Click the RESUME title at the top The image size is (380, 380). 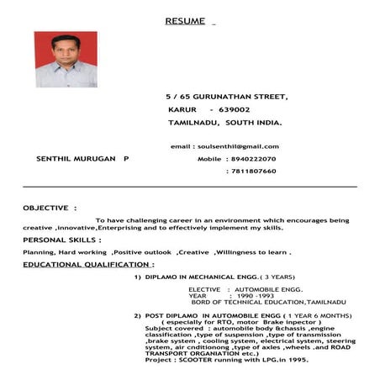point(185,19)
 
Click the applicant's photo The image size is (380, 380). point(66,60)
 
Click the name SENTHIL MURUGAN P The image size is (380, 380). point(82,158)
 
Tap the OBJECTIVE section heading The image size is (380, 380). point(50,207)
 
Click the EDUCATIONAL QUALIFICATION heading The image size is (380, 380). point(88,264)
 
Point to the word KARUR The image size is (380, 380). point(182,109)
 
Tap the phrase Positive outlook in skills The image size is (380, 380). point(142,251)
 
